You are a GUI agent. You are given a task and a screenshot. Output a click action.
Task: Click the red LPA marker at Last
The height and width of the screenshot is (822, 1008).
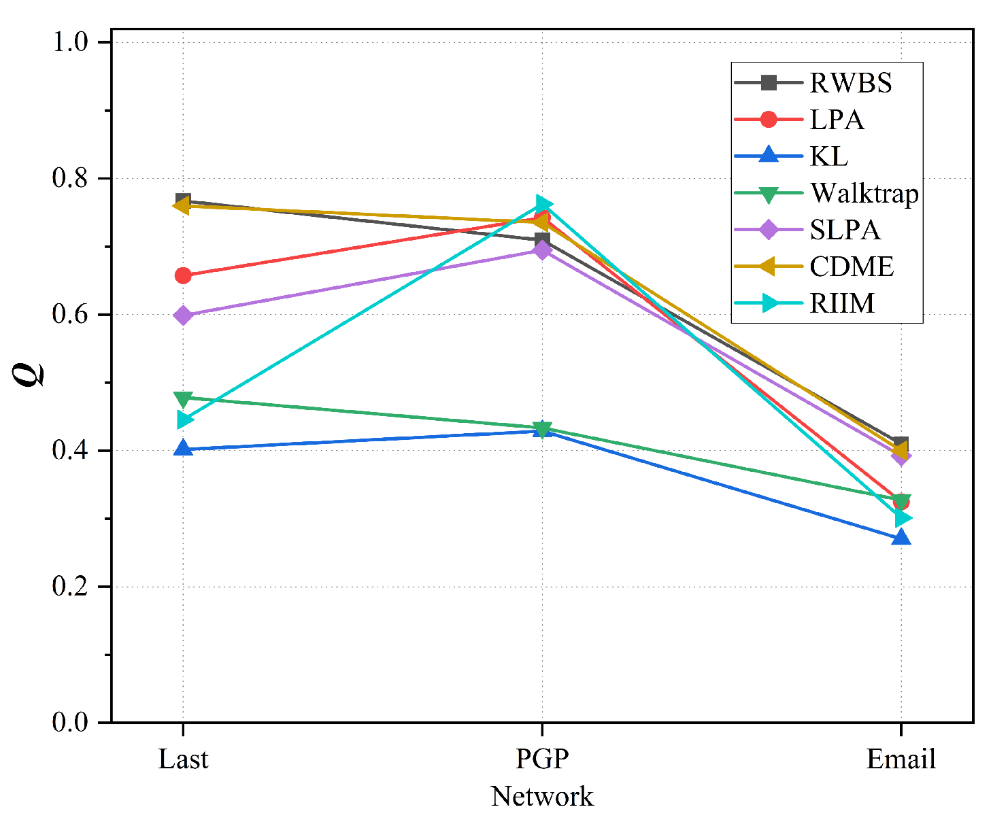pos(183,275)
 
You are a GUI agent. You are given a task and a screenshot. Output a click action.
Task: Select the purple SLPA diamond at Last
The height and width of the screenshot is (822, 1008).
pos(183,315)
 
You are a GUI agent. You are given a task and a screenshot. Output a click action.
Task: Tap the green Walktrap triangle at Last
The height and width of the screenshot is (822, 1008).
pos(183,398)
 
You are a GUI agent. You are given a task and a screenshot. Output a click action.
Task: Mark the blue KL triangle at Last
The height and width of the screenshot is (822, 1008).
pos(183,448)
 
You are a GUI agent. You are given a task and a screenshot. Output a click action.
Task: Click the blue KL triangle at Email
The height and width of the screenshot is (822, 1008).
pos(901,538)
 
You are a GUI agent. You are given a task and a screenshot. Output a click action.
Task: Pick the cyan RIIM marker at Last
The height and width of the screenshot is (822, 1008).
pos(184,419)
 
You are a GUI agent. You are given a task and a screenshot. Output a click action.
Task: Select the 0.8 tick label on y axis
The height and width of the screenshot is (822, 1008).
pos(71,178)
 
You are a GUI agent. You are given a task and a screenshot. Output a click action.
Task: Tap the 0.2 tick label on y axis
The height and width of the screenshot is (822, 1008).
pos(71,586)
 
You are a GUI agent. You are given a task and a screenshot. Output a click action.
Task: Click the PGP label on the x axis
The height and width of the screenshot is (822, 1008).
pos(542,759)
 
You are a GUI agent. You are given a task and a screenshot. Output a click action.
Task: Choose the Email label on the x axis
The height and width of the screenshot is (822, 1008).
pos(901,759)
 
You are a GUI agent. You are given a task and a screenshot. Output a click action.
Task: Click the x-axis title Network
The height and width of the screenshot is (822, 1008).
pos(542,796)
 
